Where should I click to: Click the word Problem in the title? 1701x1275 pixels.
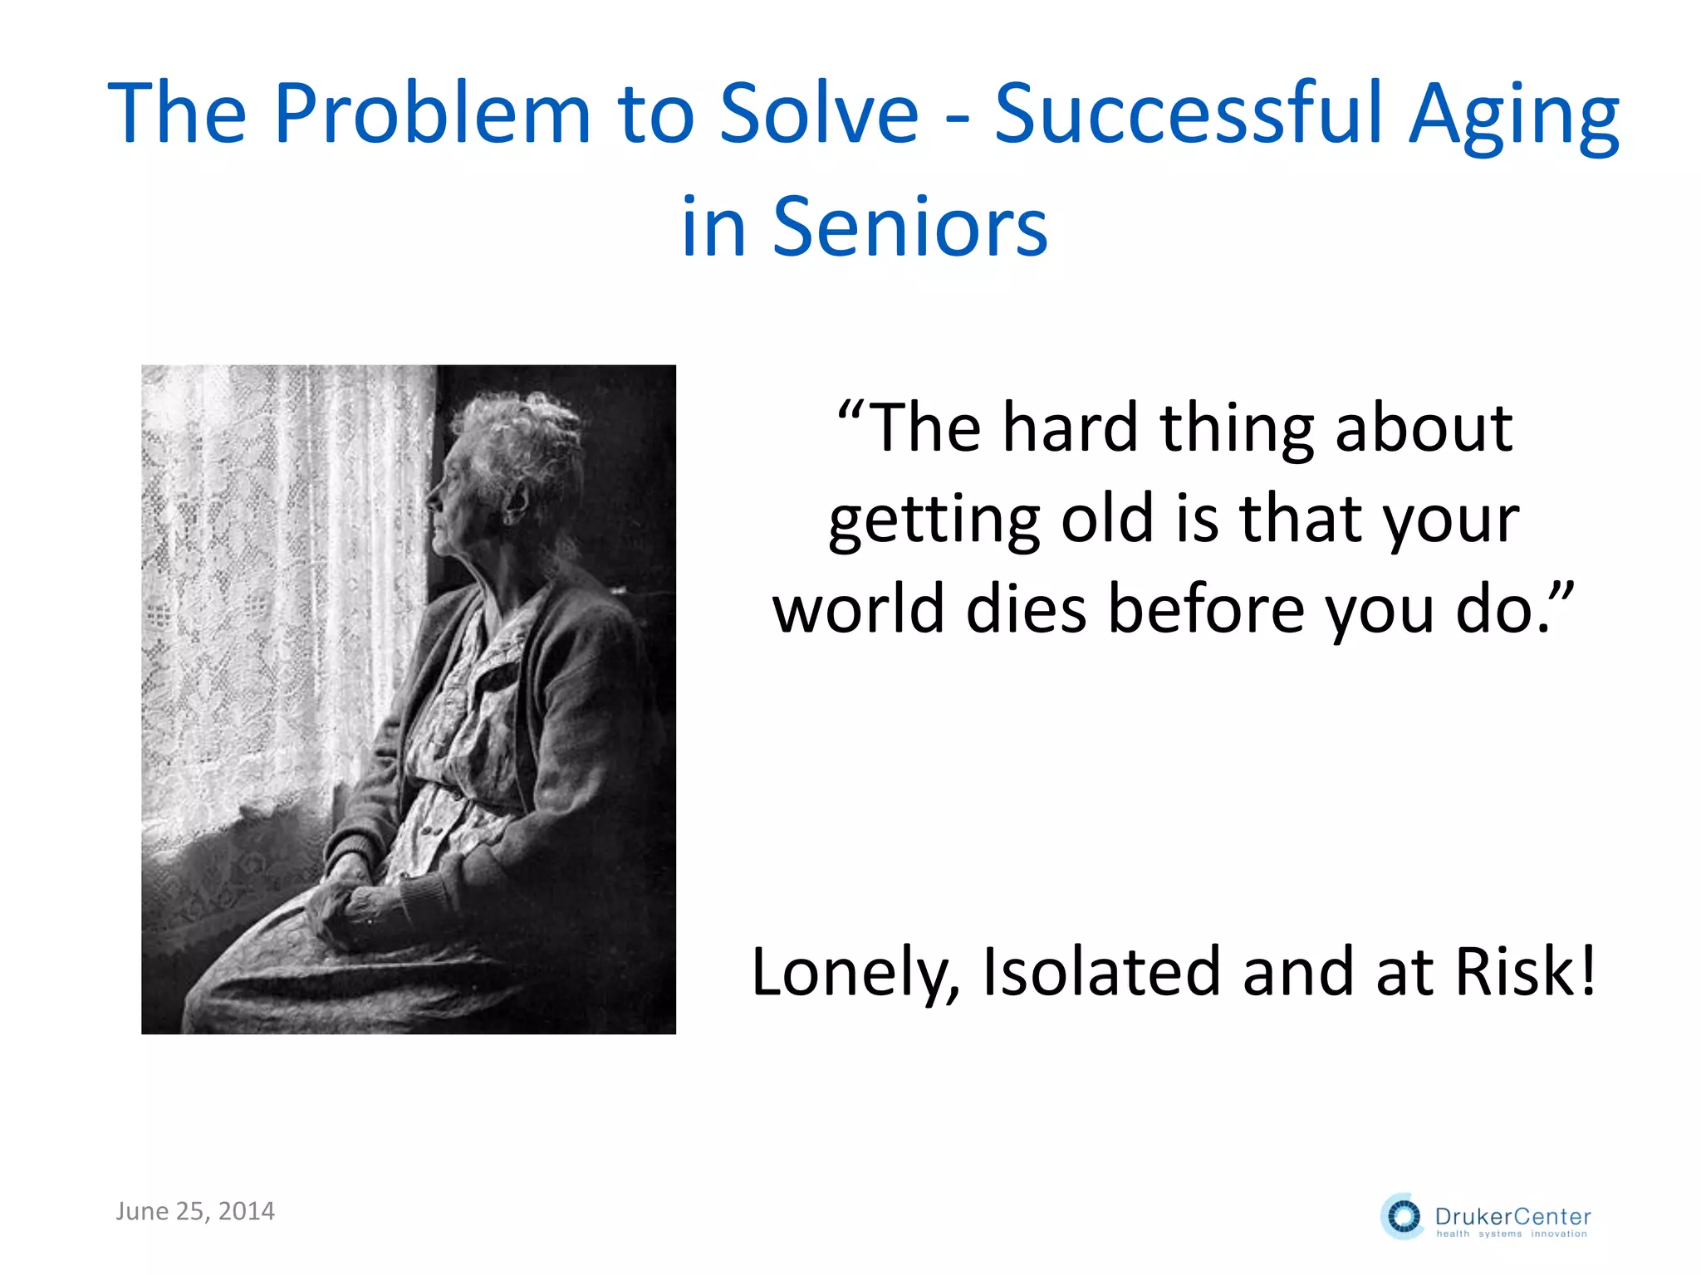click(432, 114)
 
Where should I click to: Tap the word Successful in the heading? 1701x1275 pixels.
click(1189, 114)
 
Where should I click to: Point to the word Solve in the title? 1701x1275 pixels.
click(819, 114)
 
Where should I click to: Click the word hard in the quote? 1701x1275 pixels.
click(1069, 428)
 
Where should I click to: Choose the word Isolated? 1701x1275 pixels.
click(1101, 971)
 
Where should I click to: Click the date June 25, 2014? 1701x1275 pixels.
click(195, 1211)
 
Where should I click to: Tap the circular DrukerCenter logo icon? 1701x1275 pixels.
click(1403, 1217)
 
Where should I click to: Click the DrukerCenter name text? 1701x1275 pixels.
click(1512, 1217)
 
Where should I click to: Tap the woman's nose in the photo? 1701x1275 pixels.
click(433, 499)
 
